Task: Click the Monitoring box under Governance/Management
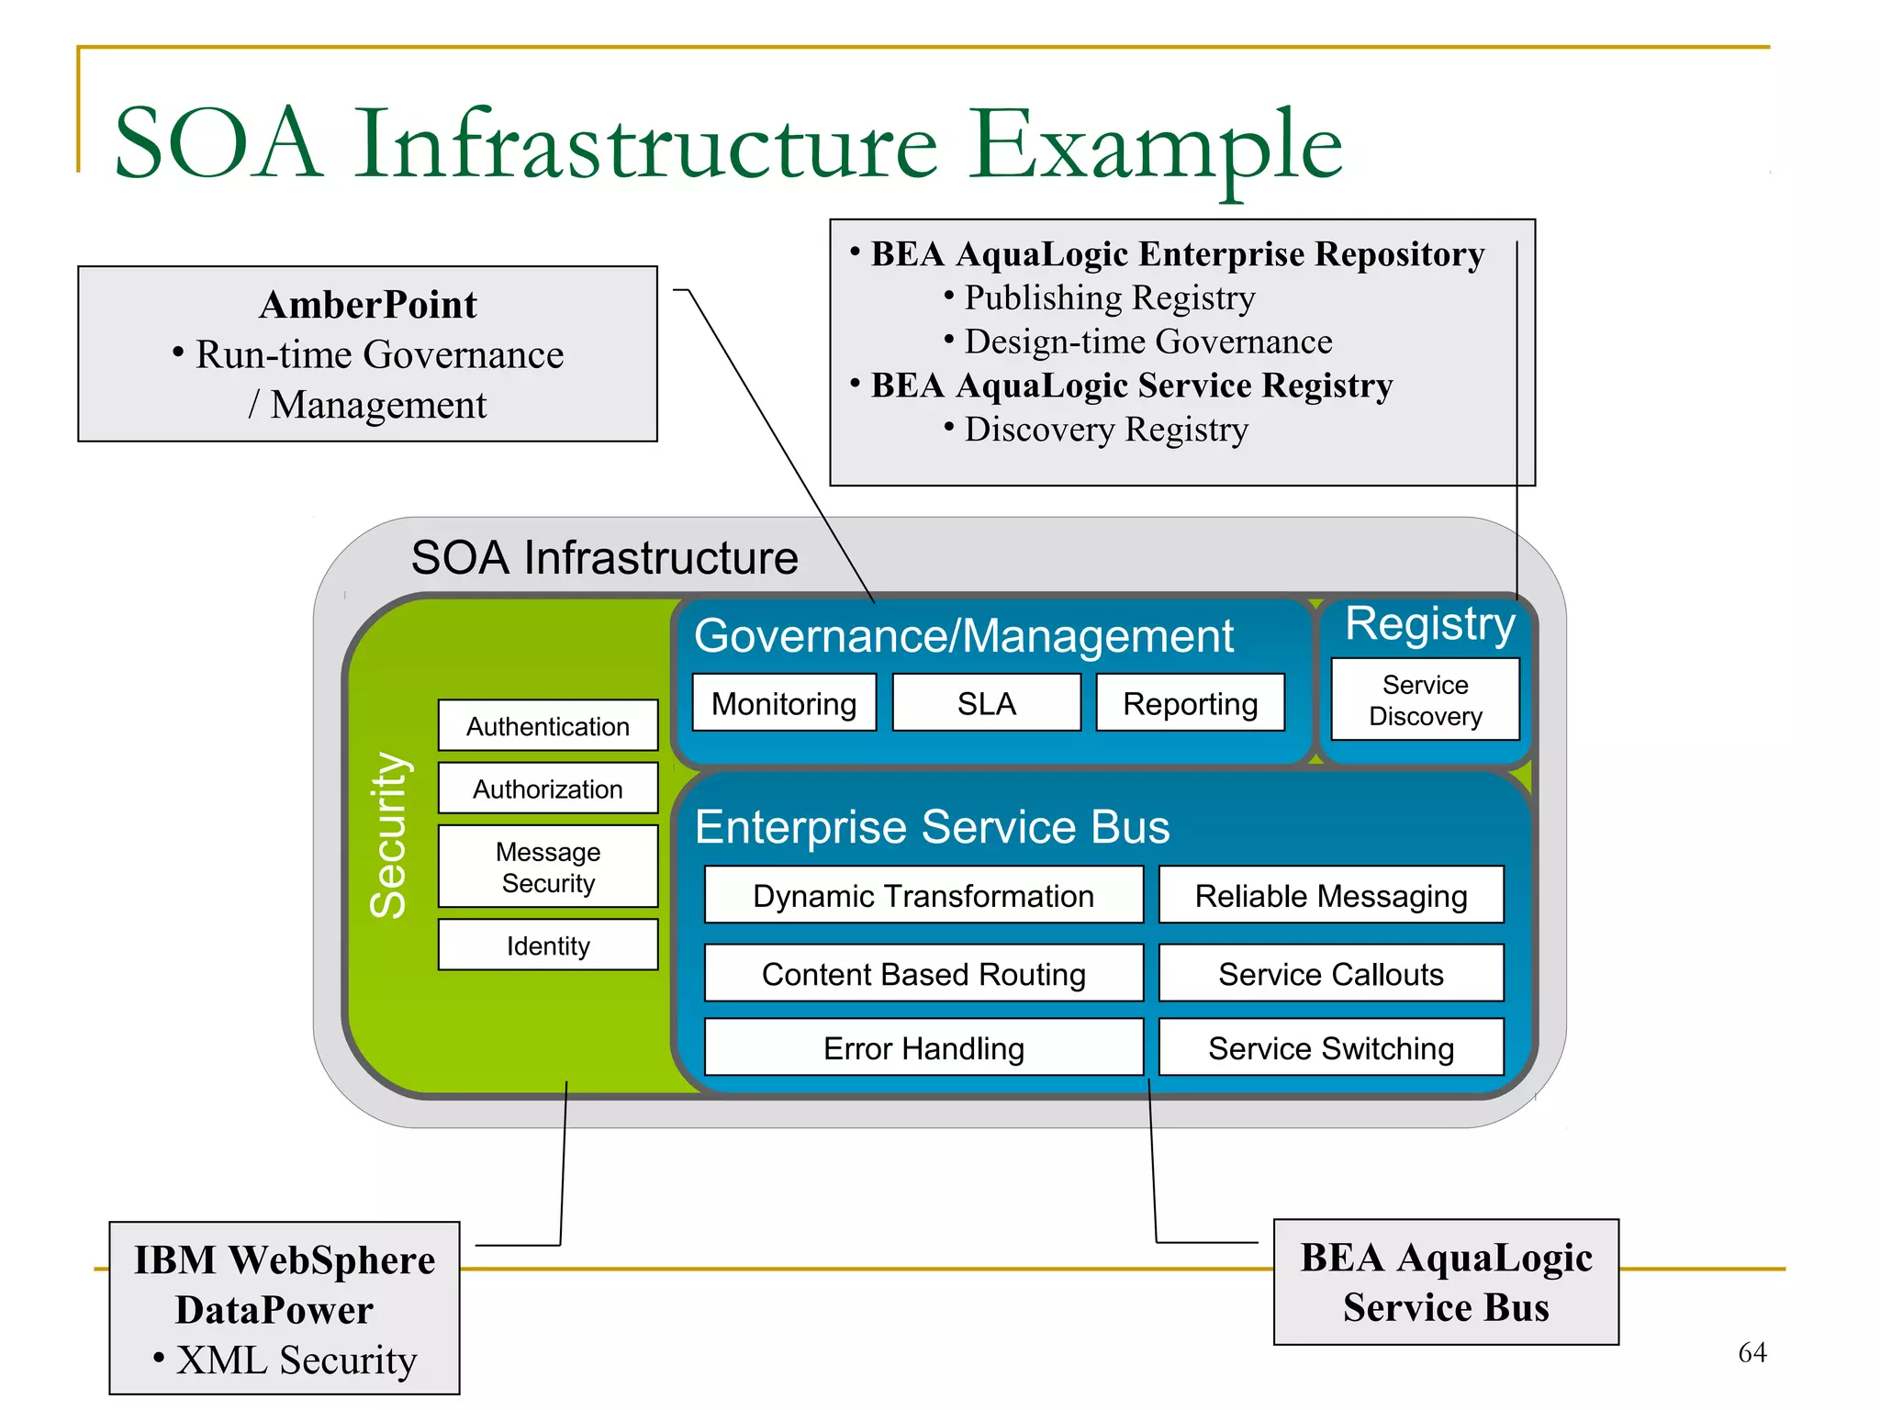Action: [x=784, y=703]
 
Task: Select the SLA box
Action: [x=986, y=703]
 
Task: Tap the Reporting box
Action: [x=1190, y=703]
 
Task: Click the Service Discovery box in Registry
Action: [x=1425, y=699]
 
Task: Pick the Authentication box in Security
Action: [x=548, y=726]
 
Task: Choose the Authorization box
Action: [x=548, y=789]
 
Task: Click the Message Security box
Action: [x=548, y=867]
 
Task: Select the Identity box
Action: [x=548, y=946]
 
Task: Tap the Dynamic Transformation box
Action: [x=923, y=895]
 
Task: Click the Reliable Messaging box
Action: [x=1331, y=895]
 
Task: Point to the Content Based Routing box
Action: [x=923, y=973]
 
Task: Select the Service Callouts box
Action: [x=1331, y=973]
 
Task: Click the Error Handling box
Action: [x=923, y=1047]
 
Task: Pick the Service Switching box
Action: [x=1331, y=1047]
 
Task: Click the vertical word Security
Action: [x=389, y=835]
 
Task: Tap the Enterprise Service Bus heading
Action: [x=932, y=826]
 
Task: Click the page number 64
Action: [x=1751, y=1351]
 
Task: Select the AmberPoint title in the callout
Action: [x=368, y=305]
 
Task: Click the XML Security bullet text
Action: [x=296, y=1360]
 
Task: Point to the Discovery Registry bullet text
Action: [x=1105, y=429]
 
